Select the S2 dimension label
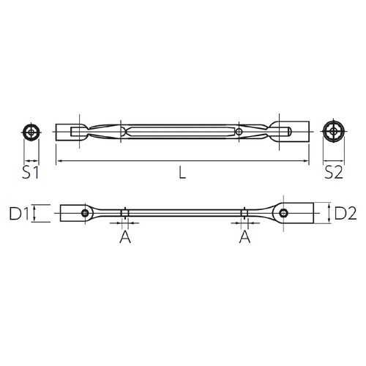click(335, 173)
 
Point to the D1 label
click(18, 214)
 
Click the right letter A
click(244, 238)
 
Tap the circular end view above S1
click(31, 132)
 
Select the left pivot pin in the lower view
click(86, 214)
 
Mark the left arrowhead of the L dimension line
click(59, 160)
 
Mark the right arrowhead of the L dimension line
click(307, 160)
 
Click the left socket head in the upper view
click(70, 132)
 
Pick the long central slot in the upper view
click(183, 132)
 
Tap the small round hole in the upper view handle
click(239, 132)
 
